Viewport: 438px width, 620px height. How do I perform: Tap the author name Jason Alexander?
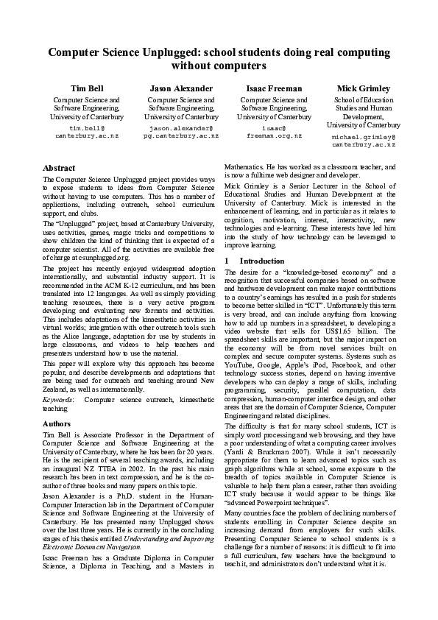click(181, 88)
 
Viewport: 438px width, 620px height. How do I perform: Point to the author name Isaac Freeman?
click(274, 88)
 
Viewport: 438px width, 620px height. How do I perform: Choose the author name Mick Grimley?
click(363, 88)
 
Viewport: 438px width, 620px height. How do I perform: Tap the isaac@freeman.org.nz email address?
click(274, 133)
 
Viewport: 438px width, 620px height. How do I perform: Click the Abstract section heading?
click(59, 169)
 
